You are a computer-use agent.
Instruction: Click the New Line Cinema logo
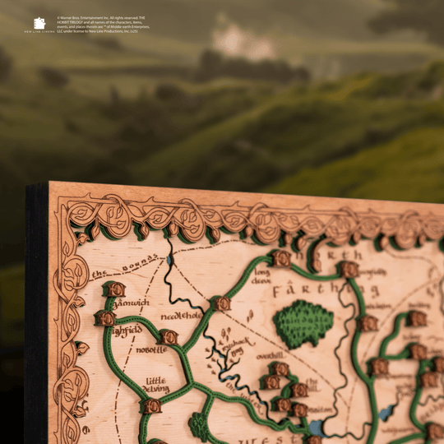[x=39, y=25]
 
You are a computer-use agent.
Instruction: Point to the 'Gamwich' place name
[x=132, y=303]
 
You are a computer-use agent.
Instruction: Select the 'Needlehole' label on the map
[x=181, y=315]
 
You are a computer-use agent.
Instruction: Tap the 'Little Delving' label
[x=157, y=385]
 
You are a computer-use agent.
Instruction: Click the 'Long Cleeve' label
[x=261, y=275]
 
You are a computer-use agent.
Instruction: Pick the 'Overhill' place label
[x=269, y=356]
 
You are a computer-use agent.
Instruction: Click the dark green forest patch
[x=303, y=321]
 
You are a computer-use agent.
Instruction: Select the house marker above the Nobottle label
[x=169, y=337]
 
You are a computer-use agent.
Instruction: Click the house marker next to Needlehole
[x=220, y=303]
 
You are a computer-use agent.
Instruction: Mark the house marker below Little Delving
[x=151, y=406]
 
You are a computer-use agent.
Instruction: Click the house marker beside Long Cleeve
[x=281, y=258]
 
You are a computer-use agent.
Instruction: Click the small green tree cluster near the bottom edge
[x=198, y=425]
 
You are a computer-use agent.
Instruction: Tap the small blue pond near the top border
[x=169, y=260]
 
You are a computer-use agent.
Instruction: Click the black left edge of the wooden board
[x=36, y=329]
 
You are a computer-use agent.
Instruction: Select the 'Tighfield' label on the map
[x=127, y=331]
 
